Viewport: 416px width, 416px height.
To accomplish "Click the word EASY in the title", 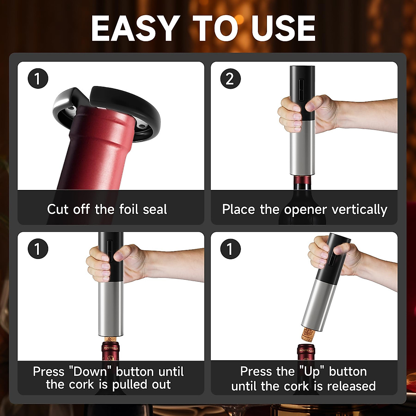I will point(135,28).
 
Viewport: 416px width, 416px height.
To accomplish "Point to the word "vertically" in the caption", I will point(359,210).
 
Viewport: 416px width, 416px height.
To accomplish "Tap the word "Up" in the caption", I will point(312,372).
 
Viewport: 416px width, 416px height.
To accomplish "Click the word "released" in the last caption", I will point(351,386).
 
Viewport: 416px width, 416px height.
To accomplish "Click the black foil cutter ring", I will point(139,104).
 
